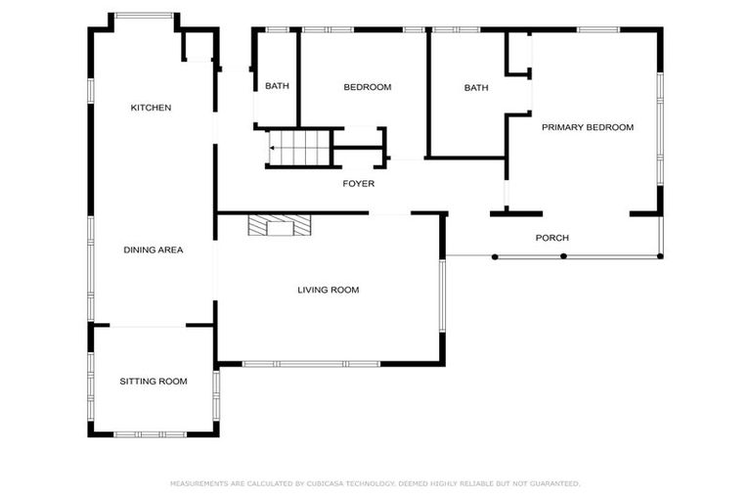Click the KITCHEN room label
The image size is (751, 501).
[x=152, y=108]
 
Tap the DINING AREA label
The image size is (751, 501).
[x=154, y=250]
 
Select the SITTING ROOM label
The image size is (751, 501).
[x=154, y=381]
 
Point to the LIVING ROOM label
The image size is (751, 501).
[x=329, y=290]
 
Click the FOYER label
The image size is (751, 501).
[x=358, y=184]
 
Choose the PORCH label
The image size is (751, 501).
[x=552, y=238]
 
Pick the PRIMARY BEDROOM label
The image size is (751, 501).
[x=588, y=127]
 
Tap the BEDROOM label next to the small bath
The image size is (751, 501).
[x=367, y=87]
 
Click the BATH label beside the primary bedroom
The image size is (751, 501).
[x=476, y=88]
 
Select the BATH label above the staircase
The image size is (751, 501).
[x=277, y=86]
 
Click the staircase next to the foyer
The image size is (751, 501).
[x=301, y=149]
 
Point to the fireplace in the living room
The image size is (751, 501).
[x=280, y=226]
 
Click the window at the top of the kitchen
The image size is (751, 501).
[x=145, y=16]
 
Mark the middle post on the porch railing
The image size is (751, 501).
[x=563, y=256]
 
